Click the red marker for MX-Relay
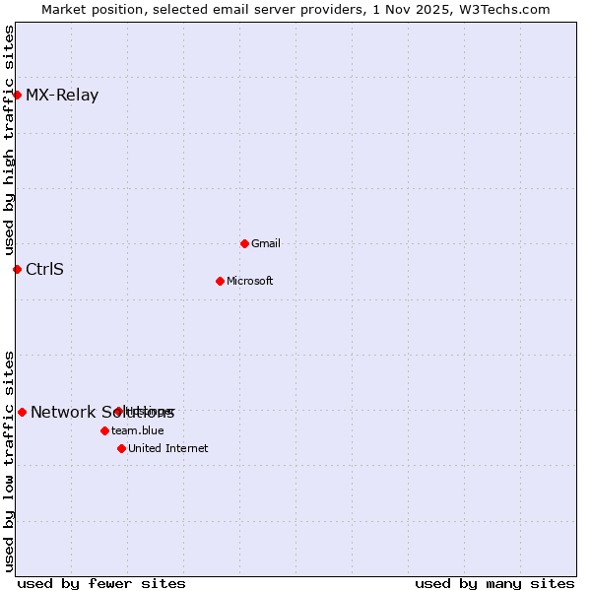click(17, 95)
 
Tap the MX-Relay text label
click(62, 96)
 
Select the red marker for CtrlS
click(17, 269)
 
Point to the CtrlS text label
click(44, 269)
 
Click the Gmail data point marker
click(244, 243)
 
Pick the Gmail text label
click(266, 243)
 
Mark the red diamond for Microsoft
click(220, 281)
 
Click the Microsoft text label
click(249, 281)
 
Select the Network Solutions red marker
click(22, 412)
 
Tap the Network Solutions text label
click(101, 413)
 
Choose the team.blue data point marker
click(104, 430)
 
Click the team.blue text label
click(137, 430)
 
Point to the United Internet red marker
click(121, 448)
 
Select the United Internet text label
click(167, 448)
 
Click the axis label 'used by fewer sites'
click(101, 583)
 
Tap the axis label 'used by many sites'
click(494, 583)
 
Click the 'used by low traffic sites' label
click(10, 460)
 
